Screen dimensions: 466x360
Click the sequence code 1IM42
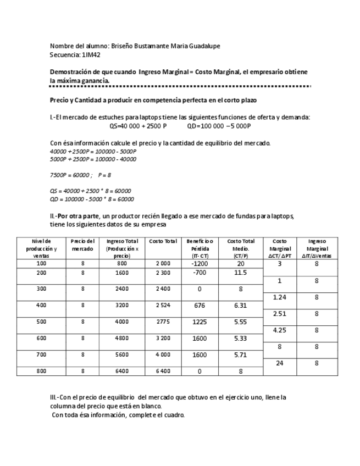pos(91,55)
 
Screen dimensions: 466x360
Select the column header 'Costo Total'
pos(163,241)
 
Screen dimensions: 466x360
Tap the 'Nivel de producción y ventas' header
pos(41,248)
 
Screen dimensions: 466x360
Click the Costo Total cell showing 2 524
pos(163,306)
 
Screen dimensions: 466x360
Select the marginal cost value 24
pos(279,363)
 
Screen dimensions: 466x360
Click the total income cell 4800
pos(121,339)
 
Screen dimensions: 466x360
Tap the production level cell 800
pos(41,371)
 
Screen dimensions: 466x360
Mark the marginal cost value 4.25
pos(279,330)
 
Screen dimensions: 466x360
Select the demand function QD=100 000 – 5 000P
pos(219,125)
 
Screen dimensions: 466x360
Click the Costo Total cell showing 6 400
pos(163,371)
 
